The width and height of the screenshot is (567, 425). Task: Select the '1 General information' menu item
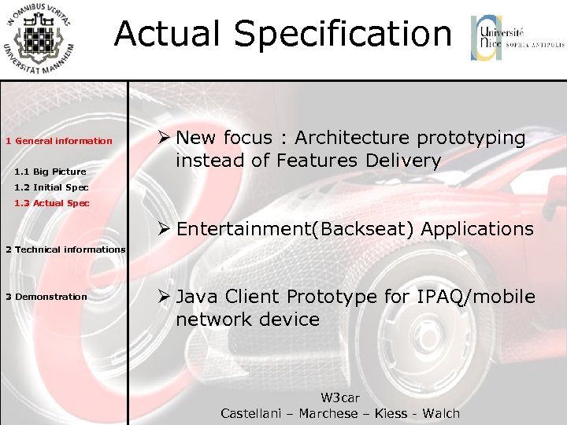click(59, 141)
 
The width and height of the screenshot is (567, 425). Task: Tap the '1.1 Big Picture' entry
click(50, 172)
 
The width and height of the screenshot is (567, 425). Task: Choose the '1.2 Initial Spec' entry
click(51, 187)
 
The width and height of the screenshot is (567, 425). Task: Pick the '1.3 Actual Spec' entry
click(51, 203)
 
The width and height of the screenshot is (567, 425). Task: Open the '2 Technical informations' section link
click(65, 249)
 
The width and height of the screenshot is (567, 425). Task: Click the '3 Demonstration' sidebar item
click(46, 297)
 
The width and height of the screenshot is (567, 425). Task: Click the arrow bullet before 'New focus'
click(164, 139)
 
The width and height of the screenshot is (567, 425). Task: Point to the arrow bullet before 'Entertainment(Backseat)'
click(164, 230)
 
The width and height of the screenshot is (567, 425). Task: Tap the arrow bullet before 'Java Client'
click(164, 297)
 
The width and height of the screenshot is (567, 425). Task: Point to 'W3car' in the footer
click(340, 398)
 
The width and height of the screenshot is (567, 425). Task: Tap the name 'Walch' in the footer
click(441, 413)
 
